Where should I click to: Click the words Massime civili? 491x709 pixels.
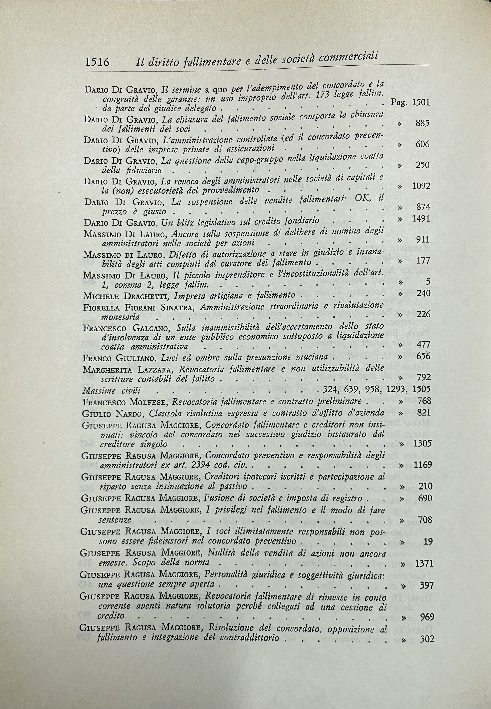pos(111,391)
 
